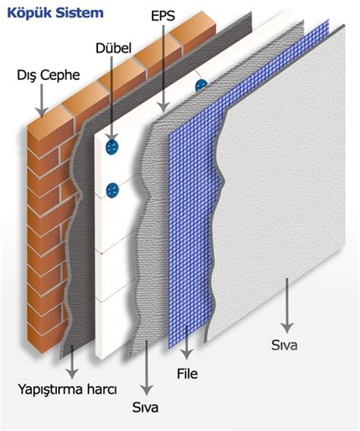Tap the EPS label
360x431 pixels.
click(x=163, y=16)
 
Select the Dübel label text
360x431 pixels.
click(x=113, y=49)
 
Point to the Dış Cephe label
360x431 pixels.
click(x=49, y=75)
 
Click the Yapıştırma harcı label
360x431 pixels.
click(x=68, y=390)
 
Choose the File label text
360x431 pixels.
click(x=187, y=373)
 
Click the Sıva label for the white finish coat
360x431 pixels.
click(x=284, y=345)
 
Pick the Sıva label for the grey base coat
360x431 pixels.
click(x=145, y=407)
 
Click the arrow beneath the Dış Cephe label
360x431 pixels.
click(x=42, y=100)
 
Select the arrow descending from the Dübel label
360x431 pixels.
click(x=112, y=99)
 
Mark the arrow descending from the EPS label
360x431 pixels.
click(x=163, y=68)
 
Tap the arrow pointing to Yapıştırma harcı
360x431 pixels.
click(x=72, y=362)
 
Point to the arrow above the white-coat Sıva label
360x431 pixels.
click(x=287, y=306)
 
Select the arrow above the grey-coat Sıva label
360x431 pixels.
click(x=147, y=368)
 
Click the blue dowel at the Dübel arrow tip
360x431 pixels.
click(x=112, y=147)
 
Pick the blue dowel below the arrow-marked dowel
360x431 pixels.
click(x=112, y=190)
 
